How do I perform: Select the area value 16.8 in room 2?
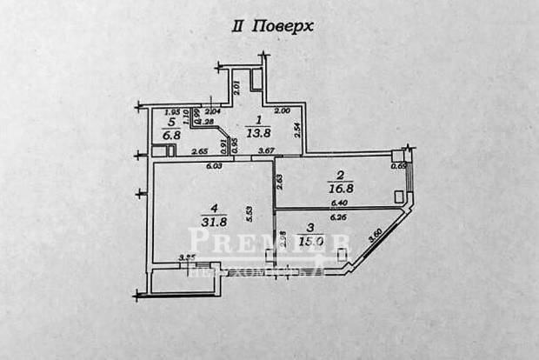coord(334,183)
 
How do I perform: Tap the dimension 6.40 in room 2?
coord(337,203)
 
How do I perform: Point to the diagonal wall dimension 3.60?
coord(376,235)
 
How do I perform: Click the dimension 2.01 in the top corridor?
coord(237,86)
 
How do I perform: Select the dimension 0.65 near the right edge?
coord(399,165)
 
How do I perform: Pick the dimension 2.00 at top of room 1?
coord(282,111)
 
